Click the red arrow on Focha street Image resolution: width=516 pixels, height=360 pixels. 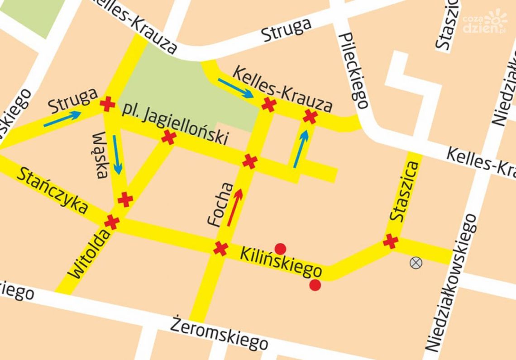coord(234,207)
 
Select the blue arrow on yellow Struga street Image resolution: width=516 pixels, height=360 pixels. coord(62,118)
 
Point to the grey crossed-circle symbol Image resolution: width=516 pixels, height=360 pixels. coord(415,262)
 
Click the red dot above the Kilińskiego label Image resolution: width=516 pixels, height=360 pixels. coord(281,248)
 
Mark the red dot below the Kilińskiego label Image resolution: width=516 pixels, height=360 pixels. coord(315,285)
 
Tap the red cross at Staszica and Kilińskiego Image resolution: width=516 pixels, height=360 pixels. coord(390,241)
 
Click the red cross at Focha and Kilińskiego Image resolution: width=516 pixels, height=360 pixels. coord(220,248)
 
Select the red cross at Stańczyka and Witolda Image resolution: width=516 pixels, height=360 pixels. coord(112,222)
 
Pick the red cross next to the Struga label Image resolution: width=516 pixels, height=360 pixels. coord(107,104)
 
